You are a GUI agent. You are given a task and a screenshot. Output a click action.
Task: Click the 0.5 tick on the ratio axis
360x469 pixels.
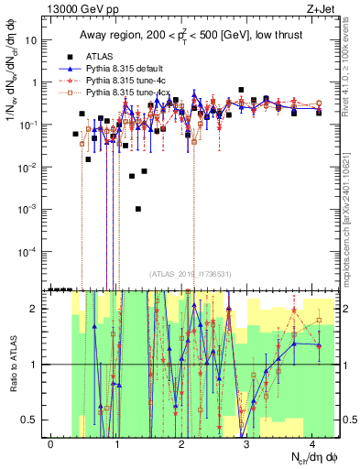tap(35, 420)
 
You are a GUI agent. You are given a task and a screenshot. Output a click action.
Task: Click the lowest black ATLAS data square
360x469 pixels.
tap(138, 209)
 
